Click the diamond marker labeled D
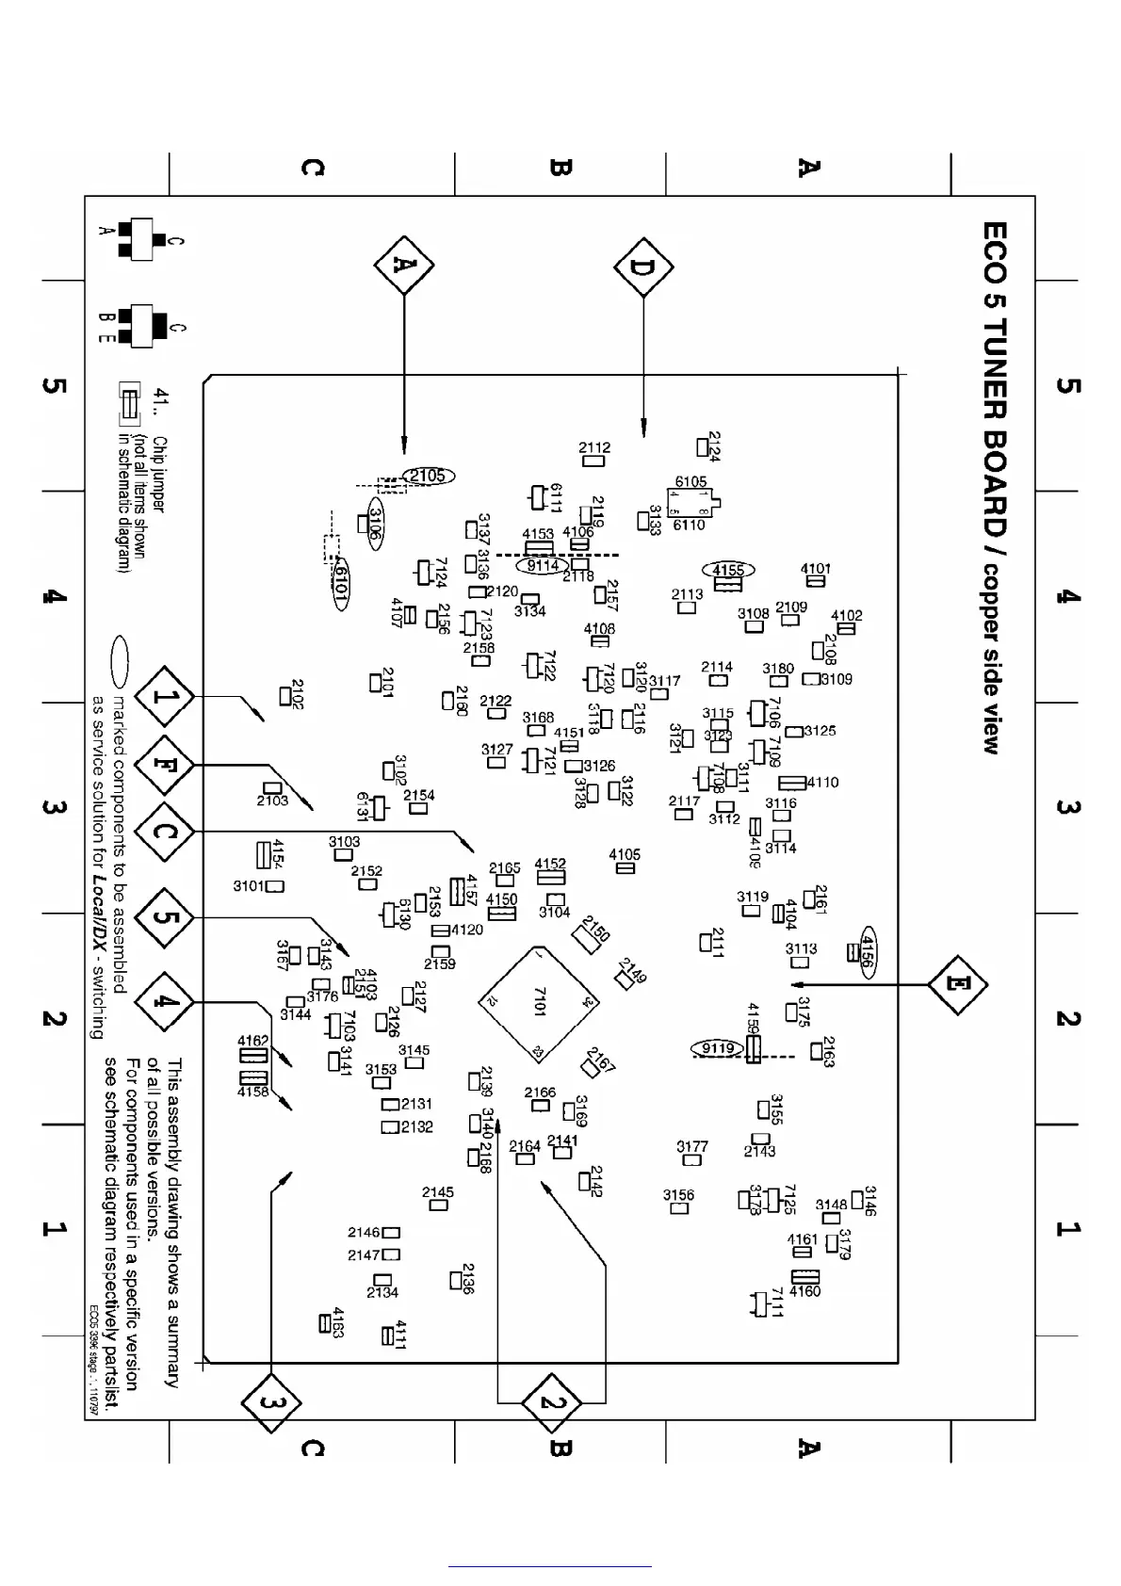tap(643, 267)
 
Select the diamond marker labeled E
tap(957, 984)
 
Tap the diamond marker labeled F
tap(164, 765)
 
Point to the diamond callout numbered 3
tap(271, 1403)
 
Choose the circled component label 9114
tap(543, 566)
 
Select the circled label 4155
tap(728, 570)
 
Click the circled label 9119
tap(718, 1048)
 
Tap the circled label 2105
tap(428, 477)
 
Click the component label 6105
tap(690, 482)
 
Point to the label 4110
tap(823, 783)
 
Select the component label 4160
tap(805, 1291)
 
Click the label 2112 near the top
tap(594, 448)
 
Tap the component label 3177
tap(692, 1146)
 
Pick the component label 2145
tap(438, 1192)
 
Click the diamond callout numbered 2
tap(551, 1403)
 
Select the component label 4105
tap(625, 854)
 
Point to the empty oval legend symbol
tap(121, 662)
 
